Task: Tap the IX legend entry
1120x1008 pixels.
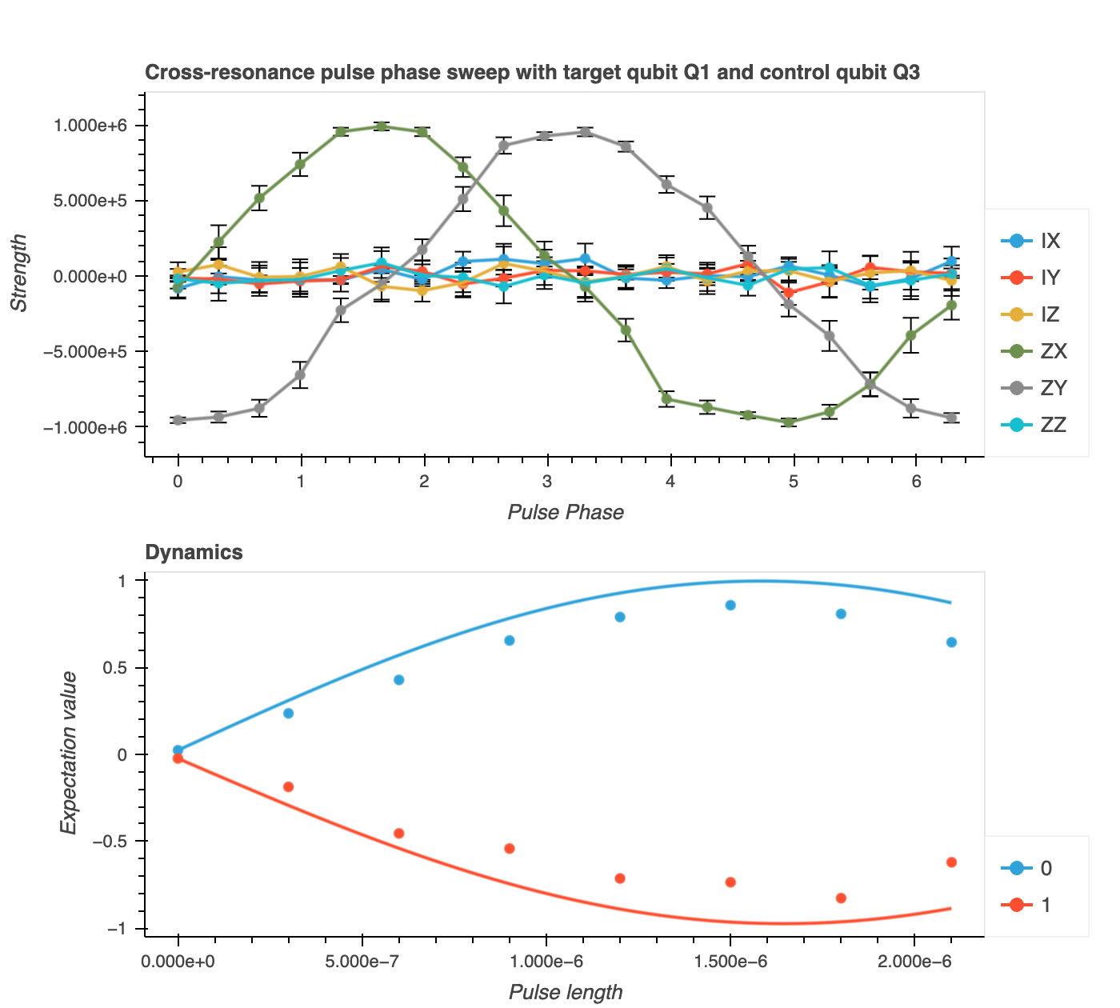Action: [x=1031, y=241]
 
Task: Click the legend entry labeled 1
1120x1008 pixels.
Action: [x=1028, y=905]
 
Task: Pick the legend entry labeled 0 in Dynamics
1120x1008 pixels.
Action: [x=1028, y=868]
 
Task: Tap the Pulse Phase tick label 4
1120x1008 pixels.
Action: [x=670, y=482]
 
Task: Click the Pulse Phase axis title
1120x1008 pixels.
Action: [x=566, y=512]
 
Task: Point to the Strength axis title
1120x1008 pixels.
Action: [x=18, y=272]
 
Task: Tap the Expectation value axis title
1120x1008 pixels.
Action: [x=69, y=753]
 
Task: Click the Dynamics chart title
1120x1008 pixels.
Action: [x=194, y=552]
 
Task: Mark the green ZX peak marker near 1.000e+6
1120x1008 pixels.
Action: [x=382, y=126]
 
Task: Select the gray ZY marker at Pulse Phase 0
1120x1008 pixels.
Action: [x=178, y=420]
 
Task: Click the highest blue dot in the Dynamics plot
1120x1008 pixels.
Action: [x=730, y=605]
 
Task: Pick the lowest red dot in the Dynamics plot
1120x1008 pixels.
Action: [x=841, y=898]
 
